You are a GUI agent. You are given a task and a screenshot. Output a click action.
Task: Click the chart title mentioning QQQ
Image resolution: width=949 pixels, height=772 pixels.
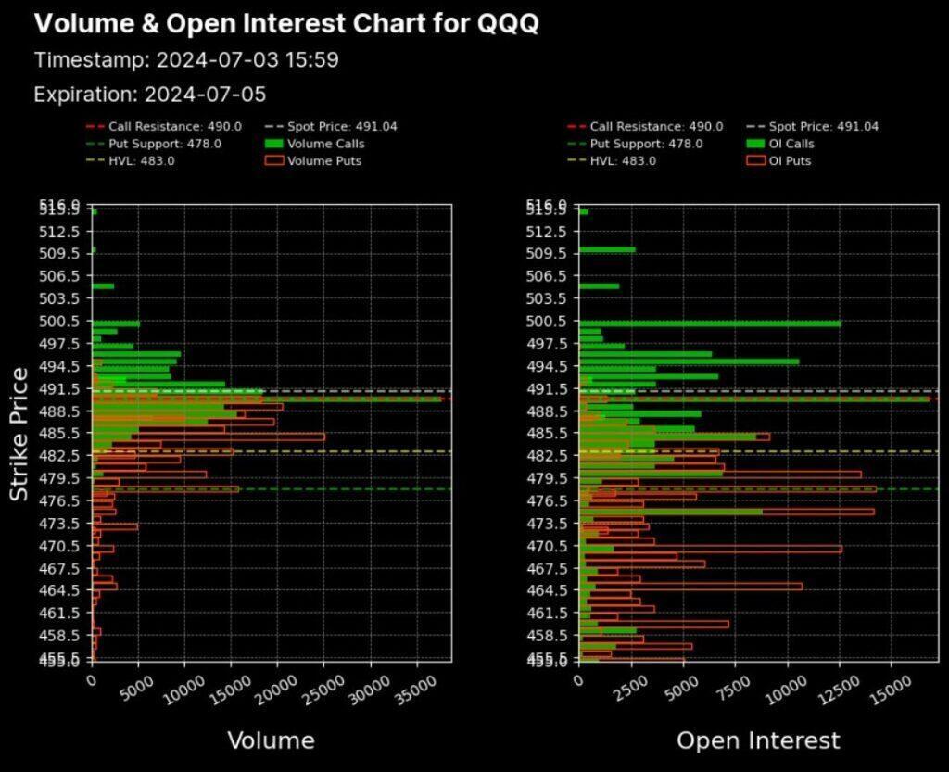click(x=286, y=24)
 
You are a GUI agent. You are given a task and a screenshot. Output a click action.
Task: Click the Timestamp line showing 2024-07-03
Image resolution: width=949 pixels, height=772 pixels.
click(x=186, y=60)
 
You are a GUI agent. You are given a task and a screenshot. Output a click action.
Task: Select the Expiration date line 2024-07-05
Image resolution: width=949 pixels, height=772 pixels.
click(x=150, y=95)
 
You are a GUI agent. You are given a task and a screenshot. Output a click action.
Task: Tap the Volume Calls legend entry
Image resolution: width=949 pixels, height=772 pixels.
click(x=324, y=144)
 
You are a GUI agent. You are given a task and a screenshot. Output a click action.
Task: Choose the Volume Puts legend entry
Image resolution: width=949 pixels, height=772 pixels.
click(x=323, y=160)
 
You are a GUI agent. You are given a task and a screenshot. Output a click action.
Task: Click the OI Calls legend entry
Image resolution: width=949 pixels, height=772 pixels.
click(x=791, y=144)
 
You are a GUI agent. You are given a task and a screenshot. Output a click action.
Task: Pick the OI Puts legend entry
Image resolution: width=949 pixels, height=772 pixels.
click(x=790, y=160)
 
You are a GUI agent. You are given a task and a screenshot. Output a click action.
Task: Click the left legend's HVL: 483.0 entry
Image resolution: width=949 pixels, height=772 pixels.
click(x=141, y=160)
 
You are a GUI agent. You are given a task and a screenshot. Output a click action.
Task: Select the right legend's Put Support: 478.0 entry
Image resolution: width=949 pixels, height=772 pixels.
click(x=646, y=144)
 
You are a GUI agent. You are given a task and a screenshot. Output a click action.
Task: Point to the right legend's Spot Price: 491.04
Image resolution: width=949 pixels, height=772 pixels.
click(x=823, y=127)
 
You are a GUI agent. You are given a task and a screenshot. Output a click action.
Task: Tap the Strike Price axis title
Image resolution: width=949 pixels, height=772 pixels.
click(x=19, y=433)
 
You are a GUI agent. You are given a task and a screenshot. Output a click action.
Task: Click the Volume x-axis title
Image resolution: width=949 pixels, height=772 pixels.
click(x=271, y=740)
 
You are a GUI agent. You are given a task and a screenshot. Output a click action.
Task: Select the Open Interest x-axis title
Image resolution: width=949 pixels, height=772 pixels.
click(x=758, y=740)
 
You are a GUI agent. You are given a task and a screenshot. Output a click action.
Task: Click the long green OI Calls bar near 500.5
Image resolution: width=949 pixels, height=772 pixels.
click(x=710, y=323)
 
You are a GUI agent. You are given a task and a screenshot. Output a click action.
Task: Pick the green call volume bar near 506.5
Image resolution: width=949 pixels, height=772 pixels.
click(x=103, y=286)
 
